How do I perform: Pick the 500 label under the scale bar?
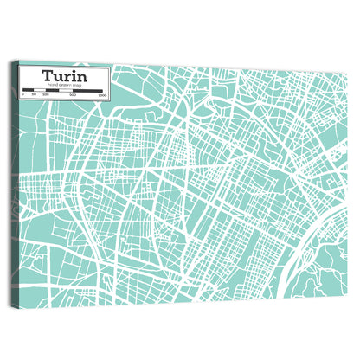click(73, 95)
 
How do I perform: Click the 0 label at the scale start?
click(22, 95)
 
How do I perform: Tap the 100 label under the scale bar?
click(45, 95)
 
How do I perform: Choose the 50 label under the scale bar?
click(34, 95)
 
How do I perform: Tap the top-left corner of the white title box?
click(20, 66)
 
